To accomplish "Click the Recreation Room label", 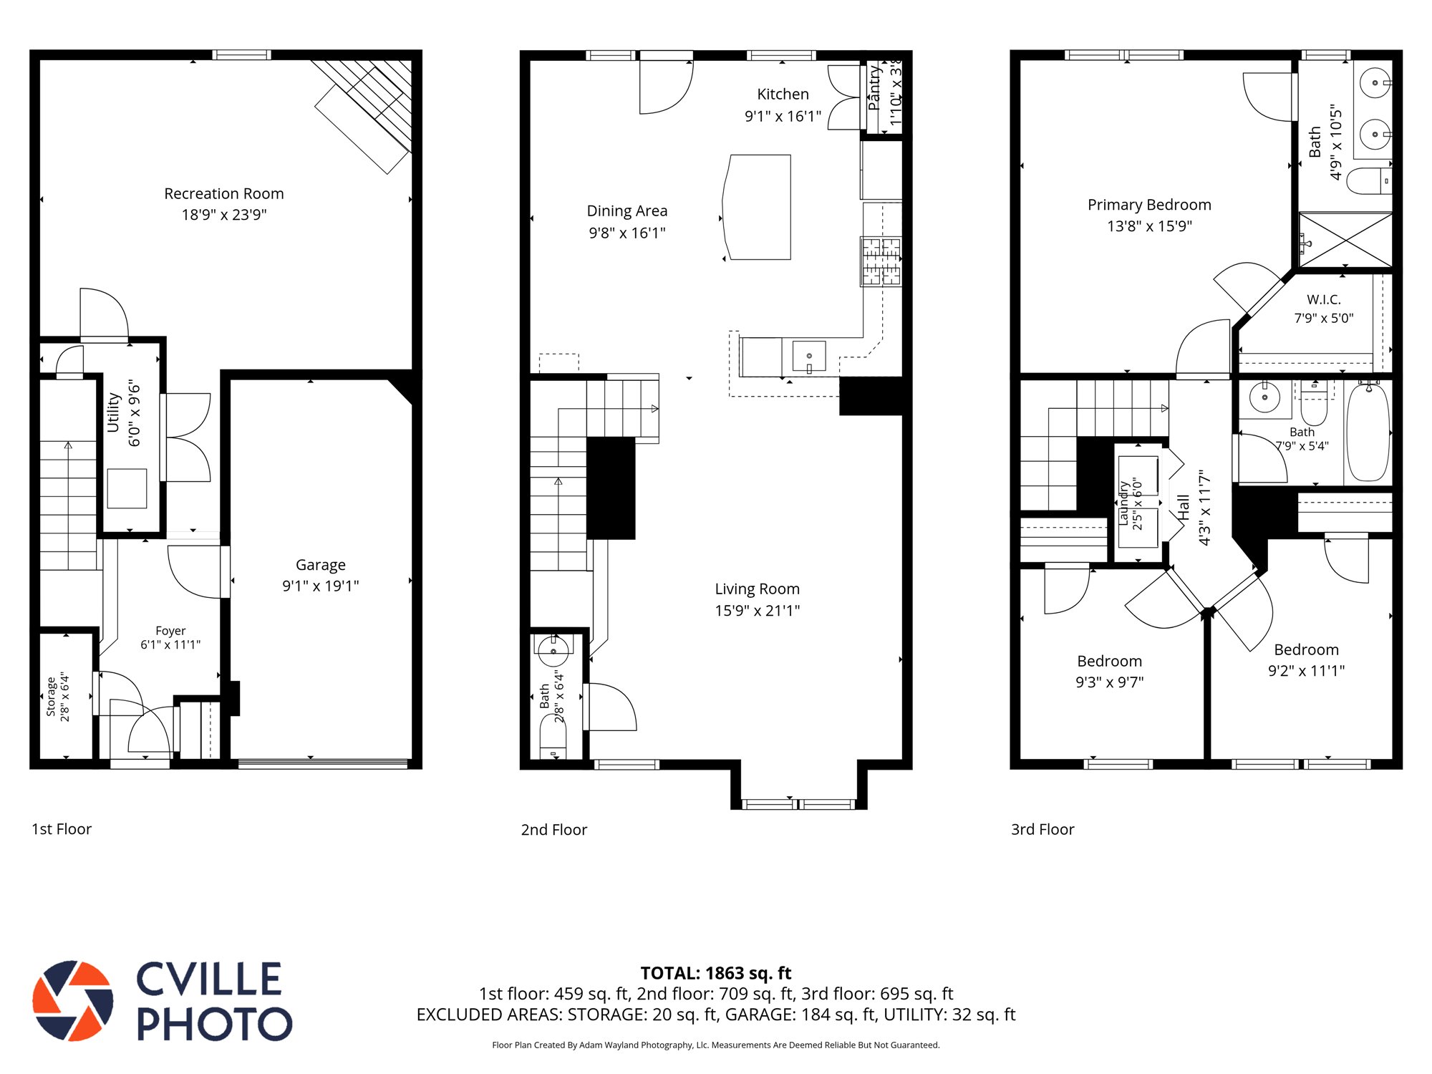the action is pos(224,193).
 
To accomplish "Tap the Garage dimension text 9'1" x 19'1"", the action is pos(321,586).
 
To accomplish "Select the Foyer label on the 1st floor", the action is pos(170,631).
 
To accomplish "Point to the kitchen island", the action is pos(757,207).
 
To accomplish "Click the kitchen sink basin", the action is pos(809,356).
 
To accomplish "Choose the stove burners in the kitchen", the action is pos(881,262).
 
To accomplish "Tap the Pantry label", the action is pos(874,87).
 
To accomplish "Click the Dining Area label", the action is pos(627,211).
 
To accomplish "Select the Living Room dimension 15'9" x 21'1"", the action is pos(758,611).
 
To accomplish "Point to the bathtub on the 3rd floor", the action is pos(1368,432).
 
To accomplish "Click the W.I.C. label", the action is pos(1324,299).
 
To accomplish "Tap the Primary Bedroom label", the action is pos(1150,205).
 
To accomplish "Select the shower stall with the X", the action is pos(1345,240).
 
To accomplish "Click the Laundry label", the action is pos(1123,503).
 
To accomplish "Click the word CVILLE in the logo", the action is pos(209,979).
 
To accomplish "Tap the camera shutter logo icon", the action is pos(73,1000).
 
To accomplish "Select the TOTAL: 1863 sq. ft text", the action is pos(716,973).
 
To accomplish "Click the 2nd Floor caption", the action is pos(554,829).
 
